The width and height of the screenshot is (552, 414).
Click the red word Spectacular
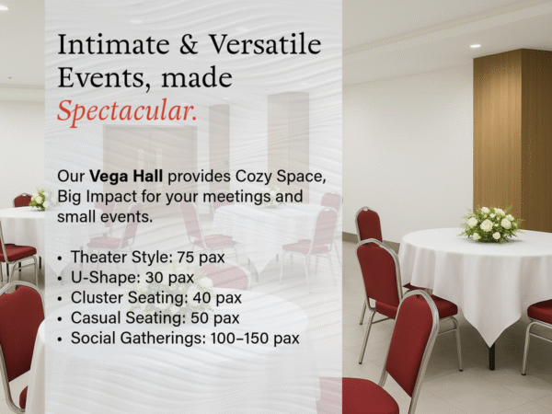pyautogui.click(x=127, y=112)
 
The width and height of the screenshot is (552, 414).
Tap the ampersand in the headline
pyautogui.click(x=189, y=45)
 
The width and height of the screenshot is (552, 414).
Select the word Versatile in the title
pyautogui.click(x=265, y=45)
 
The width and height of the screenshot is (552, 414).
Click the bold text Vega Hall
pyautogui.click(x=126, y=176)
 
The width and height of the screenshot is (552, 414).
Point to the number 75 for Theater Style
pyautogui.click(x=185, y=258)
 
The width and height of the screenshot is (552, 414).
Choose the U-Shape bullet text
pyautogui.click(x=132, y=278)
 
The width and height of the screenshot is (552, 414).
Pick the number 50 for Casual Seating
pyautogui.click(x=200, y=318)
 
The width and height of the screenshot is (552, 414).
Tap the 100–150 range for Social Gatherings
pyautogui.click(x=240, y=339)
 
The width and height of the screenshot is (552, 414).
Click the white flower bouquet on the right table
pyautogui.click(x=490, y=224)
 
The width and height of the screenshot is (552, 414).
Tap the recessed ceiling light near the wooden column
pyautogui.click(x=475, y=46)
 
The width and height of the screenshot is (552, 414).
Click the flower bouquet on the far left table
pyautogui.click(x=39, y=200)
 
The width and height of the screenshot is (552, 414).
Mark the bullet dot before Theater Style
pyautogui.click(x=60, y=259)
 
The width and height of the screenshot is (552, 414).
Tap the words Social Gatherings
pyautogui.click(x=138, y=339)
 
